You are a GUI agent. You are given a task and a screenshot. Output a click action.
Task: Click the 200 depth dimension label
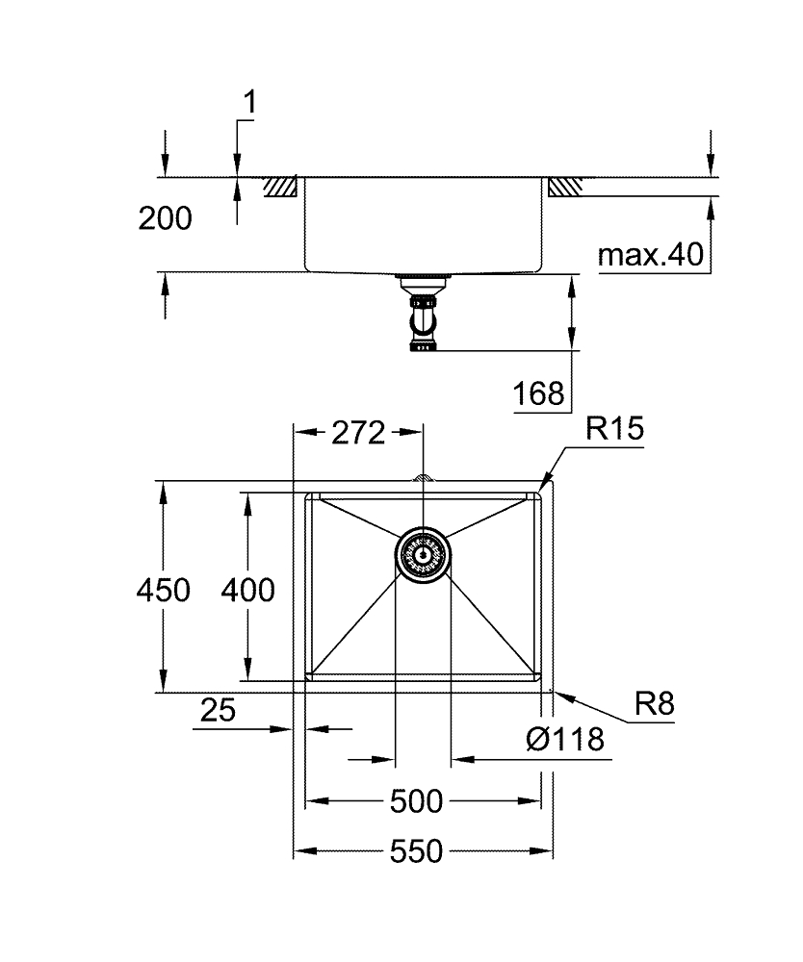pyautogui.click(x=165, y=219)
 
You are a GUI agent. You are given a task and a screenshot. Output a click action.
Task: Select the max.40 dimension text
pyautogui.click(x=651, y=256)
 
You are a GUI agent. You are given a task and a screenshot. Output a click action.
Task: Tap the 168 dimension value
pyautogui.click(x=539, y=393)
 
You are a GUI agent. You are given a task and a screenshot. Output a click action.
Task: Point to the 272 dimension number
pyautogui.click(x=357, y=433)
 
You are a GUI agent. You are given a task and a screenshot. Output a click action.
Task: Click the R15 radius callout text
pyautogui.click(x=613, y=429)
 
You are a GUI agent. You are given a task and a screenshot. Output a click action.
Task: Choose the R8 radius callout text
pyautogui.click(x=654, y=705)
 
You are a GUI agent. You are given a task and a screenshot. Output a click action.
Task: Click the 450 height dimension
pyautogui.click(x=163, y=589)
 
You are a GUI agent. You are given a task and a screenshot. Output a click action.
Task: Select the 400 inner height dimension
pyautogui.click(x=247, y=589)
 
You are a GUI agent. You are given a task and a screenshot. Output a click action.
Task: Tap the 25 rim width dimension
pyautogui.click(x=219, y=711)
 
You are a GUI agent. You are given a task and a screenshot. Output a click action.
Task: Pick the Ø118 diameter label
pyautogui.click(x=565, y=740)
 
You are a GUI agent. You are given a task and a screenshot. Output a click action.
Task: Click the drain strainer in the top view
pyautogui.click(x=422, y=556)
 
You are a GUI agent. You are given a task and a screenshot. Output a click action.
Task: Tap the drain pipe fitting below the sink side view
pyautogui.click(x=422, y=317)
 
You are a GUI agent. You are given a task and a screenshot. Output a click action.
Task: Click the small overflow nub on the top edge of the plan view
pyautogui.click(x=421, y=476)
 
